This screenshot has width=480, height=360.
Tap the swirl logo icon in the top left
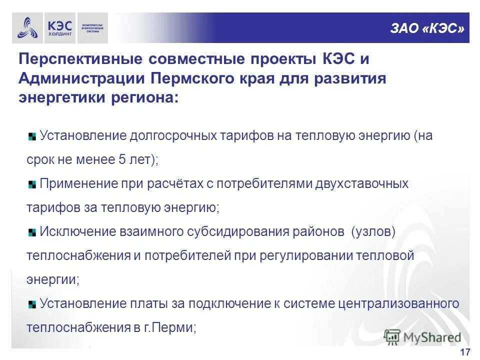pyautogui.click(x=27, y=28)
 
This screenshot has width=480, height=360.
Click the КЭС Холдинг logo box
pyautogui.click(x=59, y=28)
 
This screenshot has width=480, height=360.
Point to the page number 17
pyautogui.click(x=464, y=352)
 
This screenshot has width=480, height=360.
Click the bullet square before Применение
pyautogui.click(x=32, y=184)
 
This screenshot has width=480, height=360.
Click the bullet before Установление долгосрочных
pyautogui.click(x=32, y=136)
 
